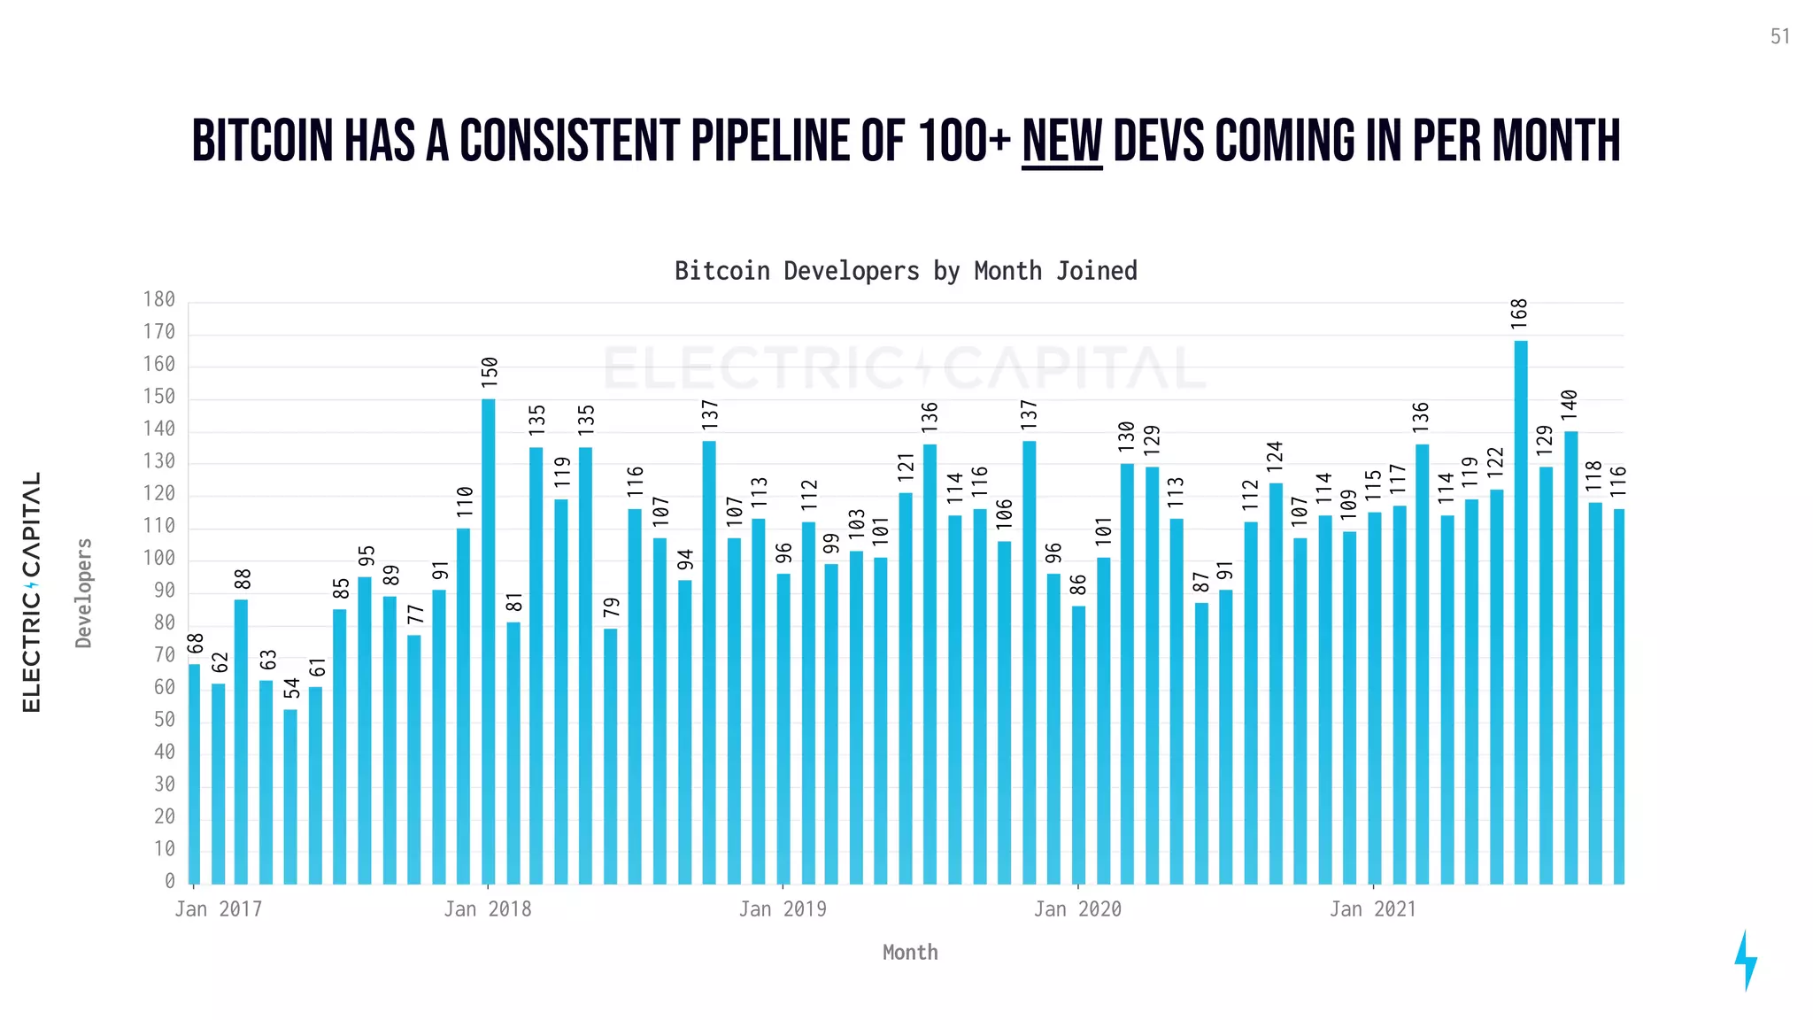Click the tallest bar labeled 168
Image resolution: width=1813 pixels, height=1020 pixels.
coord(1520,611)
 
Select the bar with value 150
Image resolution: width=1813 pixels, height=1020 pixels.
coord(488,641)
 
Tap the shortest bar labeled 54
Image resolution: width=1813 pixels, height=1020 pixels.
coord(290,796)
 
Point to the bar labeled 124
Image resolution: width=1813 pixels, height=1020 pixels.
coord(1275,683)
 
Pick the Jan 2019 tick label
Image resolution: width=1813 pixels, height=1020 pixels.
coord(783,909)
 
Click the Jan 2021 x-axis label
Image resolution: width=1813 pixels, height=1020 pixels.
coord(1372,909)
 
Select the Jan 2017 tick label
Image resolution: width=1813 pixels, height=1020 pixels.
coord(219,909)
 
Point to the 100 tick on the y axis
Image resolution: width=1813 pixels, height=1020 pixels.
coord(159,559)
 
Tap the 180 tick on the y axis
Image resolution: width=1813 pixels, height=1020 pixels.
coord(159,300)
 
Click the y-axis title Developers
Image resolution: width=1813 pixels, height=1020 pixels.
coord(84,592)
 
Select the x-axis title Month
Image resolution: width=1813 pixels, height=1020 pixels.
coord(909,953)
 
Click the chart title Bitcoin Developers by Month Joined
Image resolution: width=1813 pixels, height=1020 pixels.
coord(906,271)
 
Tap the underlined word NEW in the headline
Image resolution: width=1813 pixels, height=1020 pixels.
coord(1061,142)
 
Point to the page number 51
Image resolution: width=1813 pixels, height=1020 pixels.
coord(1780,36)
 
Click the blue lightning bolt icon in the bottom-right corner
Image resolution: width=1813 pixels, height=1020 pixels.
coord(1745,960)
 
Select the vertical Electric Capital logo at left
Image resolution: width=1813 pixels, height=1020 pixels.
coord(32,591)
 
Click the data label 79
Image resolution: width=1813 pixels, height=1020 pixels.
coord(612,607)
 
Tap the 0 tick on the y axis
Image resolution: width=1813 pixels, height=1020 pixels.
coord(170,881)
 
